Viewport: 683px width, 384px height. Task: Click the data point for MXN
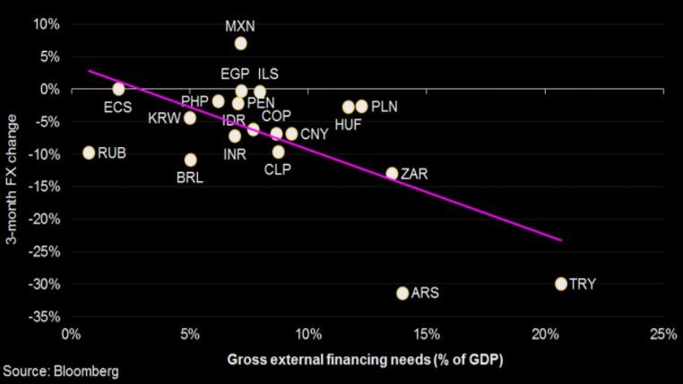240,43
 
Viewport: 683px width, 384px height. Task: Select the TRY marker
561,284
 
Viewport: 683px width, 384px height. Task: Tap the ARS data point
402,293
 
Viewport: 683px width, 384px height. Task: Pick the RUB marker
89,153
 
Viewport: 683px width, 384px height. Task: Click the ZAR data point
392,173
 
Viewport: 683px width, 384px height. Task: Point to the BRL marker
190,160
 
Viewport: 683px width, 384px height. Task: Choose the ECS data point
118,89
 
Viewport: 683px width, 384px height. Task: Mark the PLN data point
361,107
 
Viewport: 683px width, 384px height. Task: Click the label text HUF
348,125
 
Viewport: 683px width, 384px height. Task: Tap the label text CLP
280,169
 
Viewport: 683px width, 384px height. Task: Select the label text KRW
164,118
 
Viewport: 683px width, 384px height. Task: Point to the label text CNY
314,135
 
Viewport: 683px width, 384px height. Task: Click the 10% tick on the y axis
47,23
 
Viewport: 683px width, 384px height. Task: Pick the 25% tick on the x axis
663,335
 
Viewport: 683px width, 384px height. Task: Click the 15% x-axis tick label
427,335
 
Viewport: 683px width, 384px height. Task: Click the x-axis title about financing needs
365,360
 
